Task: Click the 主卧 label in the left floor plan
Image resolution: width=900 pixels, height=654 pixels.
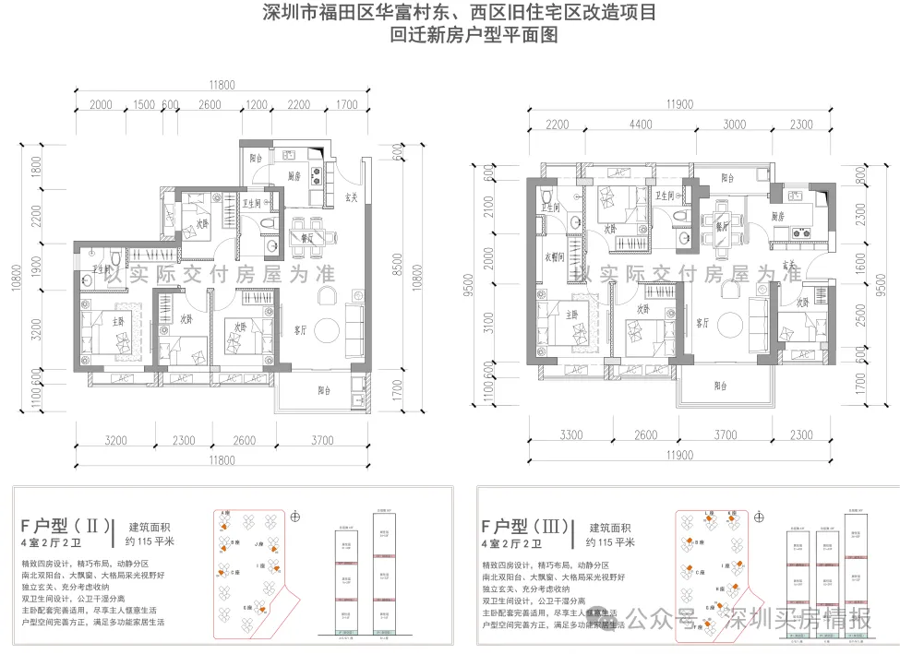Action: (x=117, y=322)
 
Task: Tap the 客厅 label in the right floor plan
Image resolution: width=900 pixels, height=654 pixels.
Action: (x=703, y=323)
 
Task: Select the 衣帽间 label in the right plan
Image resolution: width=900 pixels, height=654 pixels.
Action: (x=553, y=258)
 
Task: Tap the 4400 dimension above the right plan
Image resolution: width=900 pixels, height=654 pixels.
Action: (x=641, y=125)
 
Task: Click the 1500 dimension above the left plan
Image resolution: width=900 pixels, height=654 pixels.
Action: (x=143, y=104)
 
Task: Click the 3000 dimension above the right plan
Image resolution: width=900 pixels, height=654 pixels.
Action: (x=734, y=125)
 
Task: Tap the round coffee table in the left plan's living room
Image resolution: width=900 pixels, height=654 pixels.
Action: (x=324, y=329)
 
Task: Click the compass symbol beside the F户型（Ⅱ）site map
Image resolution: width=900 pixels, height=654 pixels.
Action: (x=295, y=517)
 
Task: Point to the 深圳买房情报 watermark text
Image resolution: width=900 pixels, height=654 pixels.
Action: (x=798, y=619)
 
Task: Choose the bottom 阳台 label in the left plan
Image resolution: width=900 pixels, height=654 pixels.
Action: (x=324, y=390)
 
